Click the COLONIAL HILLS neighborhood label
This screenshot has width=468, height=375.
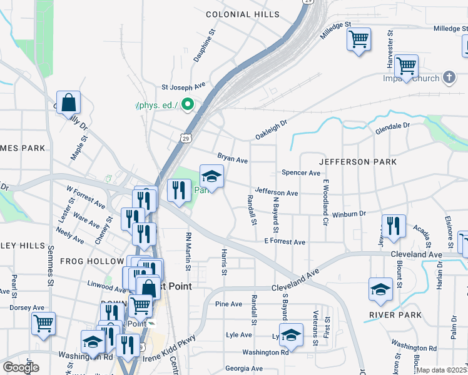coord(243,14)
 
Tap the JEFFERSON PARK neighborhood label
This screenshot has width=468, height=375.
coord(358,162)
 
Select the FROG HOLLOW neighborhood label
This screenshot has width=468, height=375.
coord(92,261)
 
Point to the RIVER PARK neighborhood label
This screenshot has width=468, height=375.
coord(395,315)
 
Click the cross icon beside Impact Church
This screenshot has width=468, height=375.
coord(448,78)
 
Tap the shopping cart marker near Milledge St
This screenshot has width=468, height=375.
coord(359,40)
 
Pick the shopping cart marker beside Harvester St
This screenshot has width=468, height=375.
coord(407,66)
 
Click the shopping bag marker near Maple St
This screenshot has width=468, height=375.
coord(68,102)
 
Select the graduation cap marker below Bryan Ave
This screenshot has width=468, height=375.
coord(211,177)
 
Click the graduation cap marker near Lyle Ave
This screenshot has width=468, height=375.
coord(291,335)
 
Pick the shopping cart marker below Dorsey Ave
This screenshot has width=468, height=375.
coord(44,324)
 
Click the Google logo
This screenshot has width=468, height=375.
coord(21,367)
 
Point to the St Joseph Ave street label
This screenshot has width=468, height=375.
coord(183,87)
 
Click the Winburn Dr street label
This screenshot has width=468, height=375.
coord(348,214)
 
